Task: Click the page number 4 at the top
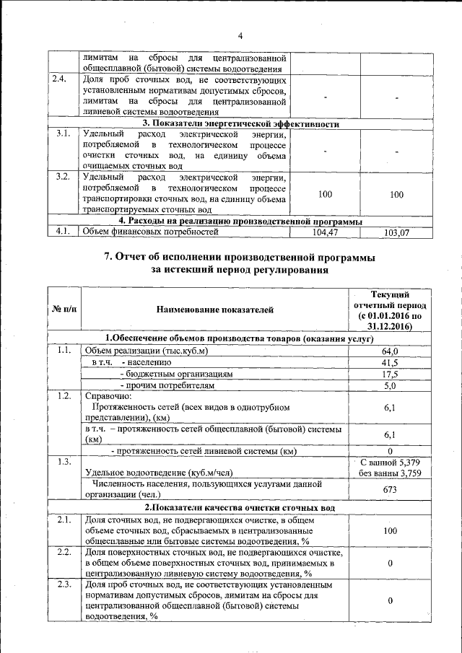tap(240, 36)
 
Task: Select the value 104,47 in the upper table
tap(325, 232)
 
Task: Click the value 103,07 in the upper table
tap(396, 232)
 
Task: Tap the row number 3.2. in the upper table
tap(63, 176)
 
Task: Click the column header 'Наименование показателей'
tap(215, 310)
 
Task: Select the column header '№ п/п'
tap(64, 310)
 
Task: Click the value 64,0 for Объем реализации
tap(390, 351)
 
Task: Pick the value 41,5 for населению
tap(390, 362)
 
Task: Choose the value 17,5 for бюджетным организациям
tap(390, 374)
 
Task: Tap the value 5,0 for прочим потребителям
tap(390, 386)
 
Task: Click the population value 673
tap(390, 489)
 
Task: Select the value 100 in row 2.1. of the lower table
tap(390, 530)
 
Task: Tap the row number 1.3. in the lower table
tap(63, 461)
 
